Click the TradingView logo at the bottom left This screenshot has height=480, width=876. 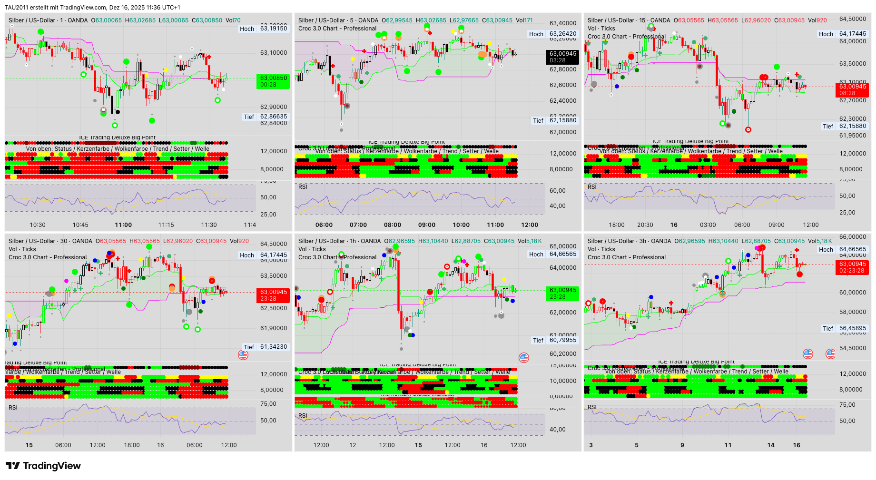tap(43, 466)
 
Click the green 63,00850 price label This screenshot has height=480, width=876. tap(274, 81)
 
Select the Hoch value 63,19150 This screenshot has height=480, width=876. tap(274, 29)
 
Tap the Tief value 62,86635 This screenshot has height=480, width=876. tap(274, 117)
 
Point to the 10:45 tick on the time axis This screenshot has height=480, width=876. tap(80, 225)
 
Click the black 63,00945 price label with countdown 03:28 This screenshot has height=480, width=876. tap(563, 57)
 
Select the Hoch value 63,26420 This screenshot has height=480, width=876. tap(563, 34)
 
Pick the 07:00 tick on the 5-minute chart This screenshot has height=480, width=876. tap(358, 225)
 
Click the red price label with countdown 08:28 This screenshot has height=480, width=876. tap(852, 89)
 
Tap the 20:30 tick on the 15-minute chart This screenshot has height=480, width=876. tap(645, 225)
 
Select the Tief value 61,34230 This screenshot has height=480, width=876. tap(274, 347)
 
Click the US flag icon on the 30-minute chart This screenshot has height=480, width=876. tap(243, 354)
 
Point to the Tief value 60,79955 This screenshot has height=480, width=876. tap(563, 340)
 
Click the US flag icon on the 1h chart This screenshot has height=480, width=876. tap(524, 357)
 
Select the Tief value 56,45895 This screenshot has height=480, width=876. tap(852, 328)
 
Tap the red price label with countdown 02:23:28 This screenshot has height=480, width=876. tap(852, 267)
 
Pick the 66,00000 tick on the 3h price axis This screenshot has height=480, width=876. tap(852, 237)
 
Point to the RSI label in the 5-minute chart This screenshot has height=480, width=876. tap(303, 187)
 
